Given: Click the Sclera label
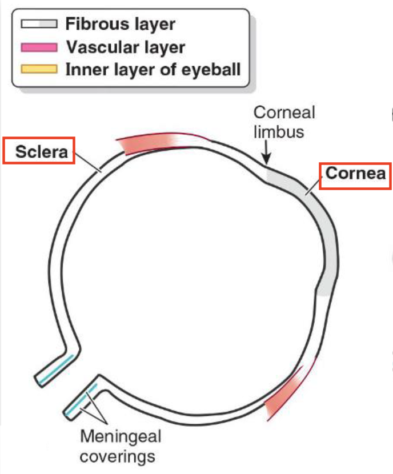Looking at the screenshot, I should pyautogui.click(x=39, y=152).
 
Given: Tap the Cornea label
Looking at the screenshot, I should pyautogui.click(x=356, y=173).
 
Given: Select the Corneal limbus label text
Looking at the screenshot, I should pyautogui.click(x=276, y=122).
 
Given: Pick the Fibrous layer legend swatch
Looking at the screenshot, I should pyautogui.click(x=39, y=24).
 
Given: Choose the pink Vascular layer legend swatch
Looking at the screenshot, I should pyautogui.click(x=39, y=47).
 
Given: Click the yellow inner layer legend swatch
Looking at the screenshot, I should pyautogui.click(x=39, y=70).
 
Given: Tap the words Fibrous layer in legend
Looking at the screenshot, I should pyautogui.click(x=120, y=24).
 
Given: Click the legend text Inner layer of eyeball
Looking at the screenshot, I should pyautogui.click(x=153, y=70).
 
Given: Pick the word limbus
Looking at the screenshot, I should pyautogui.click(x=276, y=132).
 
